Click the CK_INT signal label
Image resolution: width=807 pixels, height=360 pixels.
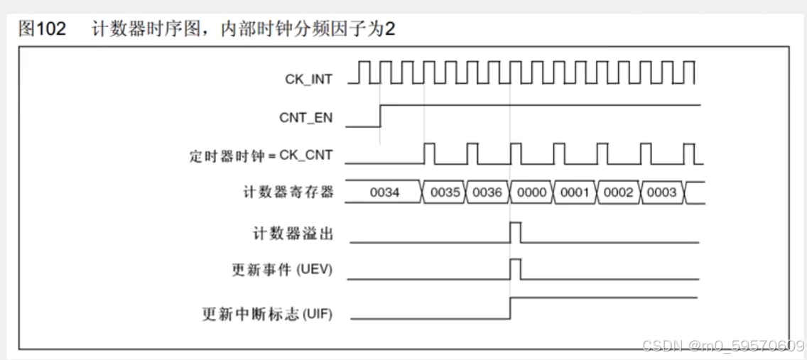308,79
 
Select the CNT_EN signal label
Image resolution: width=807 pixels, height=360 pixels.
305,118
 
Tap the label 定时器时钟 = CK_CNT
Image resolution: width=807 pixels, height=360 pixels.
261,156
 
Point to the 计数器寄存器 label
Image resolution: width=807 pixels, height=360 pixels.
288,192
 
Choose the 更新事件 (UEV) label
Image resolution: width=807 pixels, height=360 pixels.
282,270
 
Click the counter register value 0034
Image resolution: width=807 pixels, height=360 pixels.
384,192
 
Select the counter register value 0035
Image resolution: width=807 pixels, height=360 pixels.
445,192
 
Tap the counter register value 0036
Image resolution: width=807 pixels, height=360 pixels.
487,192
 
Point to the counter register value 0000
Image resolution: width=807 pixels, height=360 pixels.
531,192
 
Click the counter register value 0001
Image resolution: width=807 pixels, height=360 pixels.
575,192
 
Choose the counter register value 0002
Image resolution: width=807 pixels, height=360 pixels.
618,192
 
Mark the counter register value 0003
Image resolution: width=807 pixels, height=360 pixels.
661,192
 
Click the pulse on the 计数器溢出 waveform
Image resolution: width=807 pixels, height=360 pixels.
516,232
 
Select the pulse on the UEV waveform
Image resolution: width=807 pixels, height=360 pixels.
516,269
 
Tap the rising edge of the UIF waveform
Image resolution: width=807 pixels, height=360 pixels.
511,308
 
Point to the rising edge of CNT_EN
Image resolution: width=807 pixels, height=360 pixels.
381,116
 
